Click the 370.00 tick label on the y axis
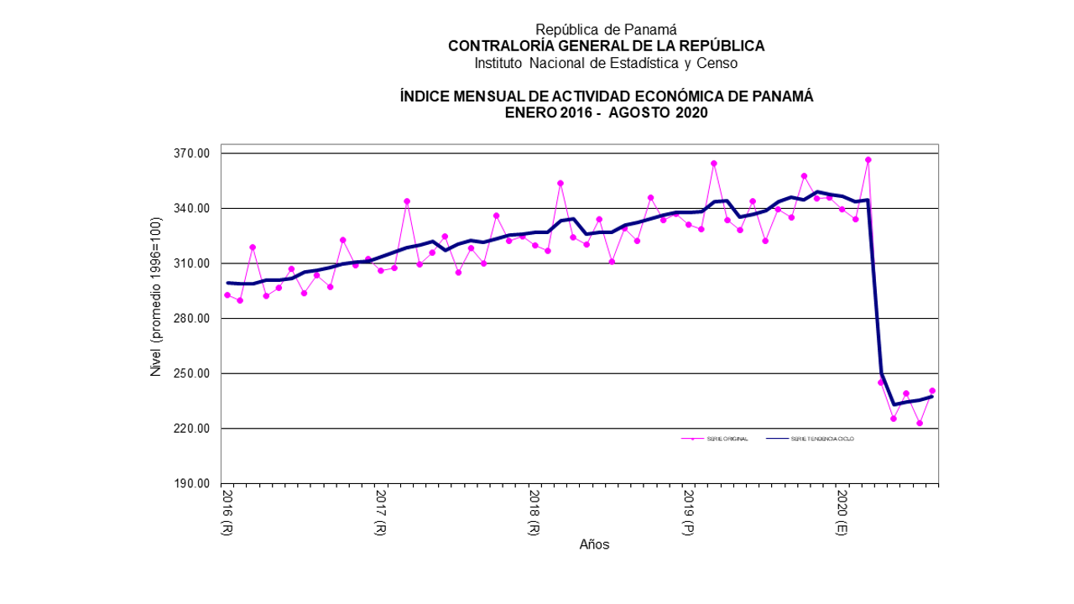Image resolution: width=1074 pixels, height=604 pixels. (191, 154)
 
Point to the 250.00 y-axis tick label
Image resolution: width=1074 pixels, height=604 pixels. (191, 373)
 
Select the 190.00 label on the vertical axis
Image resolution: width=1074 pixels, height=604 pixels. (191, 483)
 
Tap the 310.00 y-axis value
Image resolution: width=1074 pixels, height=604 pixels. (191, 263)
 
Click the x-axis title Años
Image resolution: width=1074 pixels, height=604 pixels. (594, 544)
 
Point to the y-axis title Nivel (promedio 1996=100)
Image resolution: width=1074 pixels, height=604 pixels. (155, 318)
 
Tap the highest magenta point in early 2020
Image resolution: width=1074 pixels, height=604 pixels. (868, 159)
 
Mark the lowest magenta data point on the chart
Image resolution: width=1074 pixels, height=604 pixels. (920, 423)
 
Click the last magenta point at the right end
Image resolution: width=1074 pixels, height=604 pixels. (932, 391)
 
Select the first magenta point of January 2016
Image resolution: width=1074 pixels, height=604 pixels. (227, 295)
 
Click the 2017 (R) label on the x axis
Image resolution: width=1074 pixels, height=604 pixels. (381, 513)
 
